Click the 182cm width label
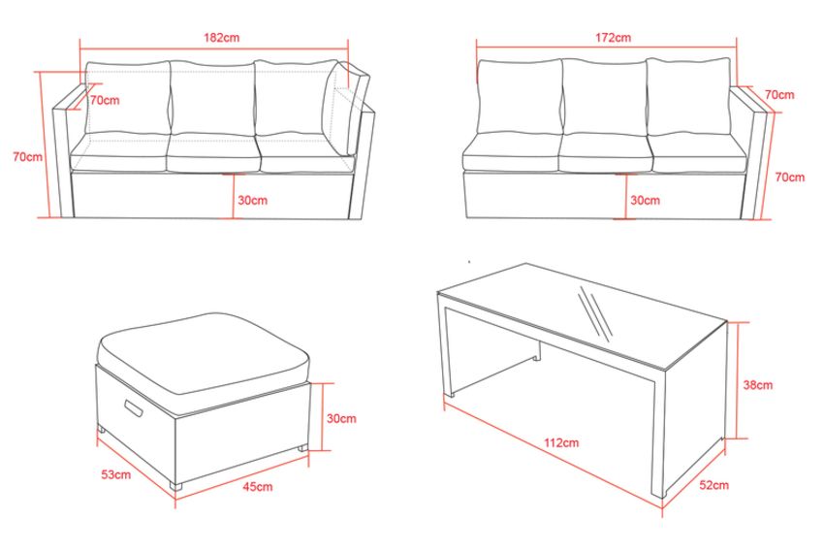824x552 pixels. (221, 38)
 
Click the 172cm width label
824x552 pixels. (614, 38)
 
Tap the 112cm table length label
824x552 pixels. (561, 442)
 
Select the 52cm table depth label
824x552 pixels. (713, 485)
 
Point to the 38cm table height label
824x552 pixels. (758, 385)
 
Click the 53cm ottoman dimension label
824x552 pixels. (116, 474)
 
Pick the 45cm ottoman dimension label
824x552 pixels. (258, 487)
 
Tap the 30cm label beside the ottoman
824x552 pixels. (341, 418)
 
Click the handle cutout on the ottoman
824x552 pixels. (134, 408)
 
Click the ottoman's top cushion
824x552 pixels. (204, 352)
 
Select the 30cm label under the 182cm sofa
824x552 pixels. (252, 200)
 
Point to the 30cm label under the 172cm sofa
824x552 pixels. (645, 200)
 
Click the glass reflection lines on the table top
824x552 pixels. (595, 313)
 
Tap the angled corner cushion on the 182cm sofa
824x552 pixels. (346, 108)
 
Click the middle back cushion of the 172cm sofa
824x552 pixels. (604, 97)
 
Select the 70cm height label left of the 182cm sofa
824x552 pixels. (28, 156)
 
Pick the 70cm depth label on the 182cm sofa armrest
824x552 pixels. (105, 100)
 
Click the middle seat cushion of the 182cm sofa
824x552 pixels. (213, 153)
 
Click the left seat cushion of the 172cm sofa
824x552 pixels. (511, 152)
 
